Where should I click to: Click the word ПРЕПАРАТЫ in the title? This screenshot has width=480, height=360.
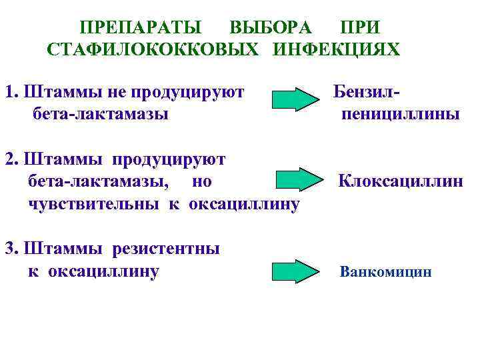pyautogui.click(x=141, y=28)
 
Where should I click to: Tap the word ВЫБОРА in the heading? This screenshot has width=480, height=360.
pyautogui.click(x=270, y=28)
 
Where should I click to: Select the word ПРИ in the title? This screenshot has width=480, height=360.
pyautogui.click(x=359, y=28)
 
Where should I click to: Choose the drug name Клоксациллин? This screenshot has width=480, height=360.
pyautogui.click(x=400, y=181)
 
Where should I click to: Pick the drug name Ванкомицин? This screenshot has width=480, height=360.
pyautogui.click(x=385, y=272)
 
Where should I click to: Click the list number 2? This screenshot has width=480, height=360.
pyautogui.click(x=9, y=159)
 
